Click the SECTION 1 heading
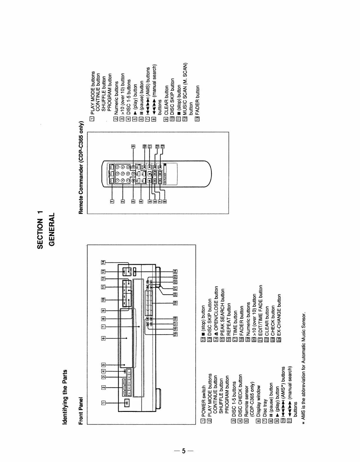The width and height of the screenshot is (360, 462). [x=40, y=230]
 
